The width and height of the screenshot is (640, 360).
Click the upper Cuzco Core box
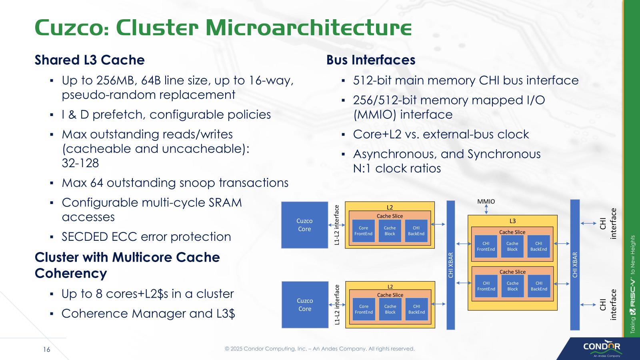(304, 225)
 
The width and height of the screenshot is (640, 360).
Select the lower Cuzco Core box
(305, 304)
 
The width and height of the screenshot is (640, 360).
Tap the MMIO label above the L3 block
(486, 202)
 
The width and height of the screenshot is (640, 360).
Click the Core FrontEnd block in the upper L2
(363, 231)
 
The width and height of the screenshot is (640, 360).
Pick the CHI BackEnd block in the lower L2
(416, 309)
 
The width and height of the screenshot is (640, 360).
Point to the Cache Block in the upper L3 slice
(512, 246)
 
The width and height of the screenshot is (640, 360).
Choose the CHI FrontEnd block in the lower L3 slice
(486, 286)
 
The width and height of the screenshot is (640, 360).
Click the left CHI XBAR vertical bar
(451, 265)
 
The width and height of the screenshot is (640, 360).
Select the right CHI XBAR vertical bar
(575, 265)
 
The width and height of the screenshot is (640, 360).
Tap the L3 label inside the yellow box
(512, 221)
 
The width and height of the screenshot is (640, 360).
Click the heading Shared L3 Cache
(90, 60)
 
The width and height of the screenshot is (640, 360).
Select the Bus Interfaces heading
(371, 60)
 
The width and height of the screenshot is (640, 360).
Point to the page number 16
(47, 350)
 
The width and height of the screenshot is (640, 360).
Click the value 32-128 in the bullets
(80, 163)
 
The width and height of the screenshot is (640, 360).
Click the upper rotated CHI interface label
(608, 224)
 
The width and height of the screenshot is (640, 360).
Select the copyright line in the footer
(320, 349)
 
